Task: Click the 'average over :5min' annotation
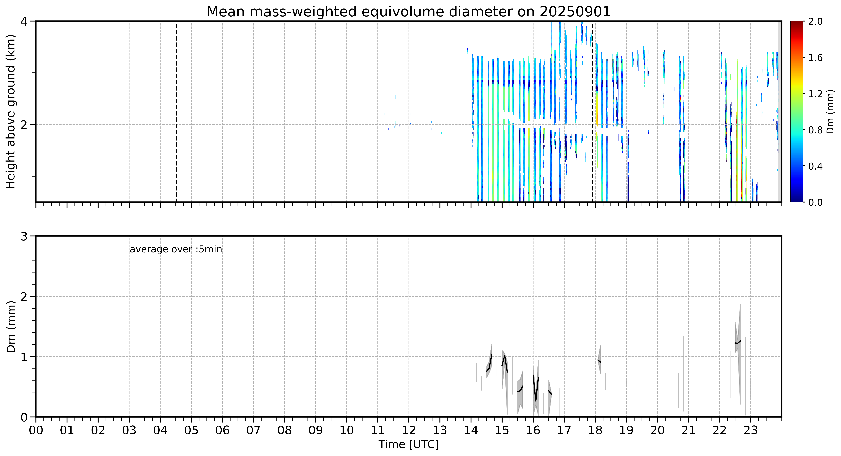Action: click(x=176, y=249)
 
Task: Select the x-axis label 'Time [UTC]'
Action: click(x=409, y=445)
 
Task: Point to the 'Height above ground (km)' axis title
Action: click(x=11, y=111)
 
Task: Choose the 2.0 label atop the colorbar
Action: click(x=815, y=22)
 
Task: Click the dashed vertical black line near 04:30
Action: click(x=176, y=111)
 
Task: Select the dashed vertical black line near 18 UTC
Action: click(x=592, y=111)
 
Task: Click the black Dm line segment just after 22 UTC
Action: click(x=737, y=342)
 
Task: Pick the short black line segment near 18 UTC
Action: click(x=599, y=361)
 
